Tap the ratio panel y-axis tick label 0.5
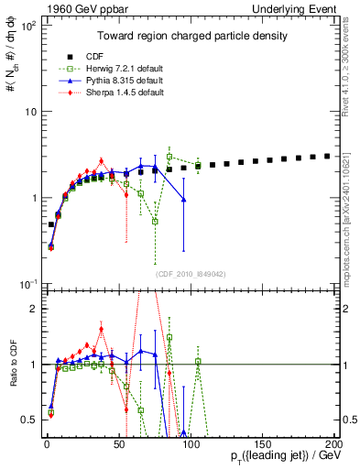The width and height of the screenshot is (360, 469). point(27,420)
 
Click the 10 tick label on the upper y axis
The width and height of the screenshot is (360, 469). point(27,112)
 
